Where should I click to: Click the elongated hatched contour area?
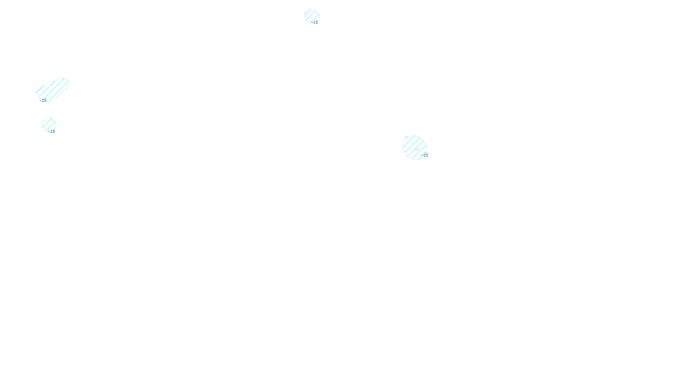tap(52, 90)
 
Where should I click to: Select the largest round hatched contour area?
tap(415, 147)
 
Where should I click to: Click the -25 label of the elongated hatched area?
tap(43, 101)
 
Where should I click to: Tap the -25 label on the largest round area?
tap(425, 155)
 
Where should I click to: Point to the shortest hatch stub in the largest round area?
tap(407, 138)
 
